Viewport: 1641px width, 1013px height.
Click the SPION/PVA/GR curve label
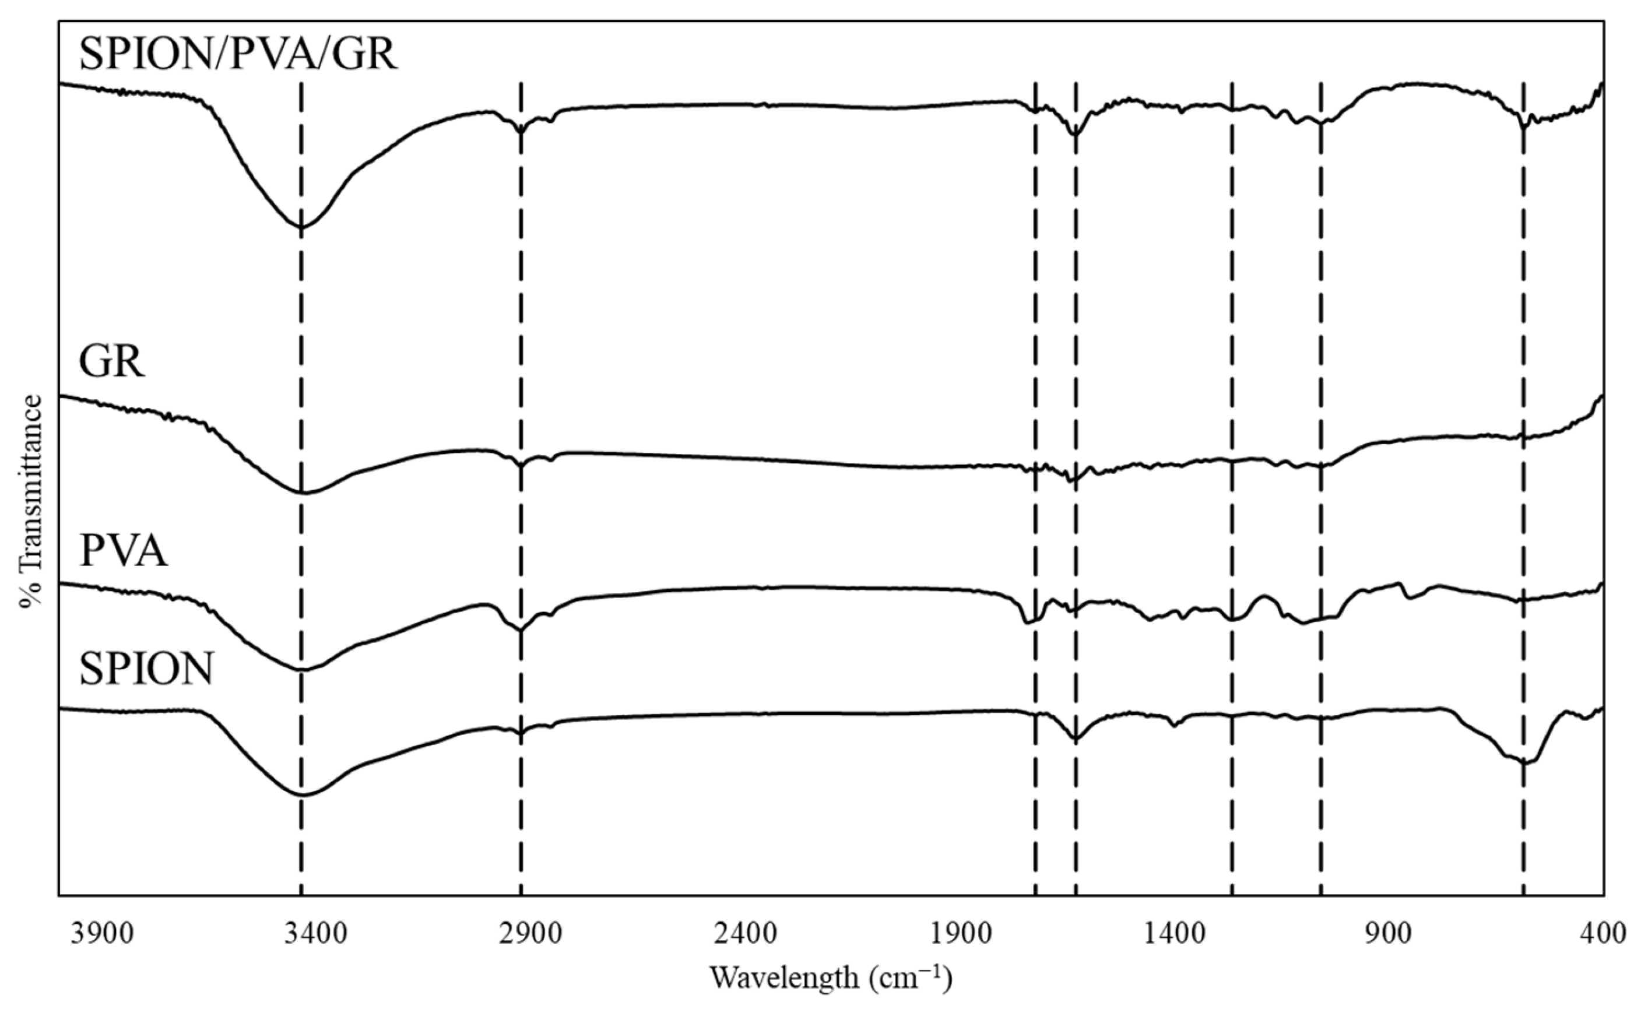pos(238,54)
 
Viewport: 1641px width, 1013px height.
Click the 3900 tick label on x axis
pos(102,933)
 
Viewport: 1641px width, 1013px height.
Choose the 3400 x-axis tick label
pos(315,933)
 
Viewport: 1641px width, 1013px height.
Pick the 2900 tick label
pos(529,933)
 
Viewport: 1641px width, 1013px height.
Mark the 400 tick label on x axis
pos(1603,933)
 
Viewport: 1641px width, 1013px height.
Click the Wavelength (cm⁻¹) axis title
pos(830,978)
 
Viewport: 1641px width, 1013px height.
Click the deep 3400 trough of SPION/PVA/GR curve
pos(301,227)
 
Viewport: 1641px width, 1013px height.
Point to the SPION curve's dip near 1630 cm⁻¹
pos(1076,739)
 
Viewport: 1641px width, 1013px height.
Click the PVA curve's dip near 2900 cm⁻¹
pos(521,629)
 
